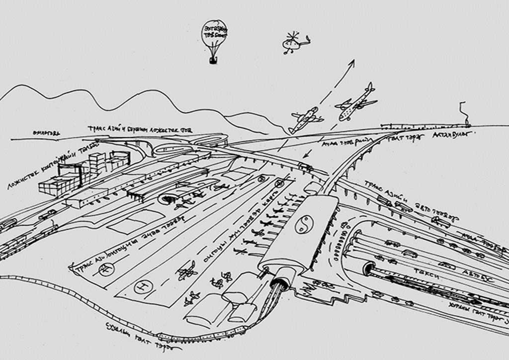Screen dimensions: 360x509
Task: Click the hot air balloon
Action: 214,34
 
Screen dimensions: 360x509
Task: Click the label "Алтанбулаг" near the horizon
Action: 450,134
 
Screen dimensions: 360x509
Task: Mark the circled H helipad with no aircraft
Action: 144,286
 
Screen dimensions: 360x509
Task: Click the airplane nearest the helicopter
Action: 357,102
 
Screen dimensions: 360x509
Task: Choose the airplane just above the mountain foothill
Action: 305,119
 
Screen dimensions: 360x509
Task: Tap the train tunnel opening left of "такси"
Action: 369,269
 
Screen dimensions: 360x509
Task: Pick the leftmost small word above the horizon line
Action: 46,133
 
